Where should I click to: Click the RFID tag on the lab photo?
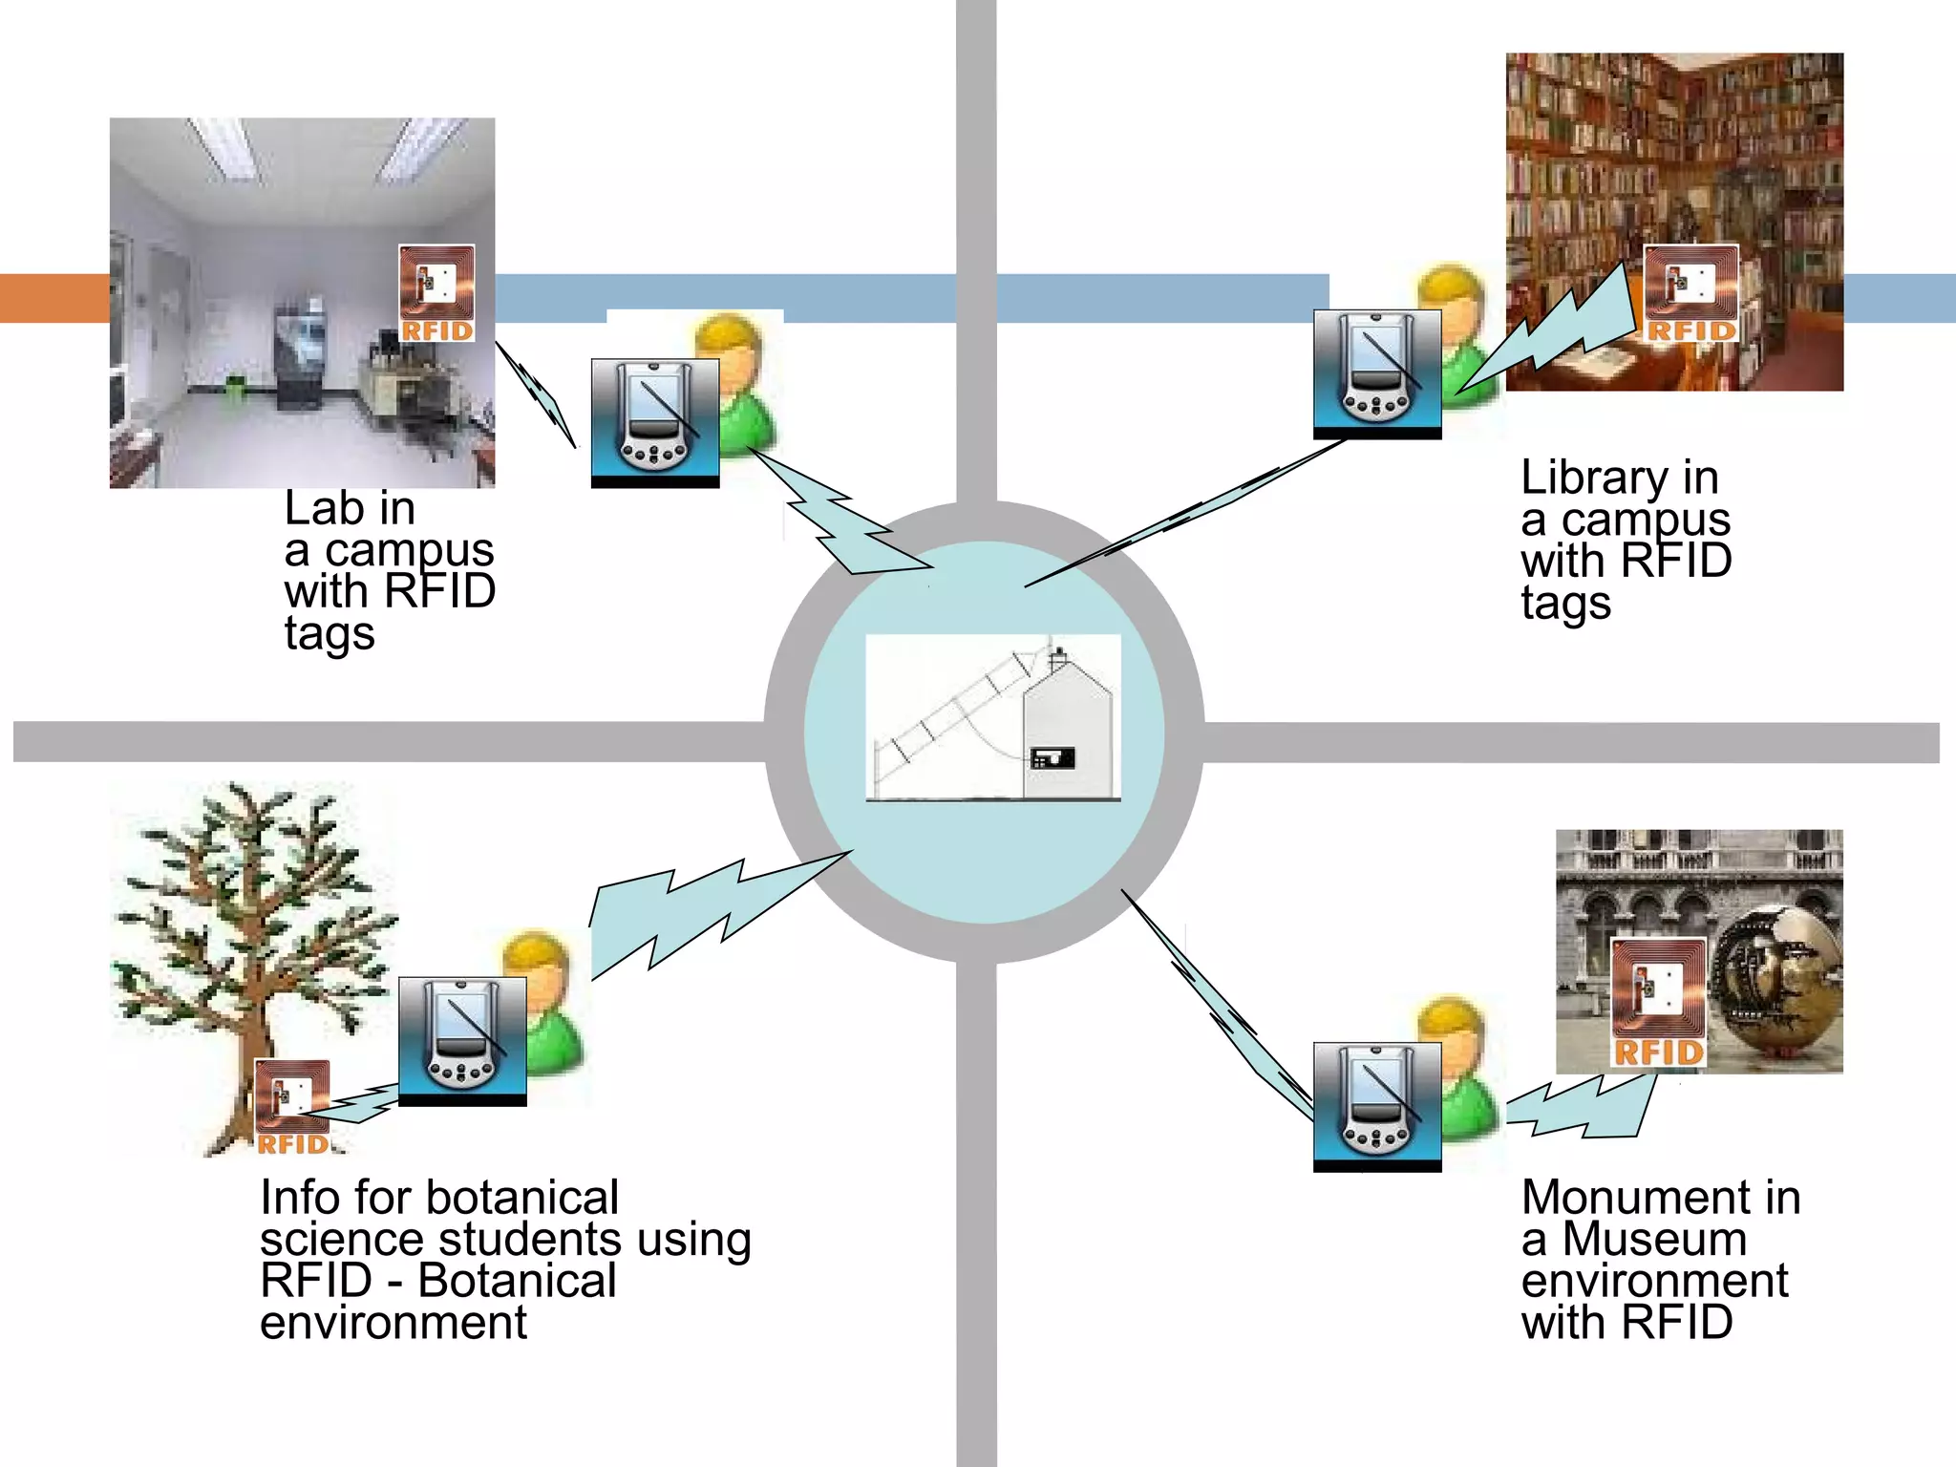436,293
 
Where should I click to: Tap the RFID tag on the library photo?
1690,293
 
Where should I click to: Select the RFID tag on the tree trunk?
292,1106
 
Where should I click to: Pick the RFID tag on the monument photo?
1659,1002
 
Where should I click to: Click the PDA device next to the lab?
654,422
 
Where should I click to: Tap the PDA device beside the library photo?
1376,373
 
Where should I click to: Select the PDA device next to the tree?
461,1040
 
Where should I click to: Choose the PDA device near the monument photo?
1376,1106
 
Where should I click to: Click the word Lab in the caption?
325,508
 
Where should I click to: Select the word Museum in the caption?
1654,1240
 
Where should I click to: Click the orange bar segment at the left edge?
53,298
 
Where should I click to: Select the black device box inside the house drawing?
1053,758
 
